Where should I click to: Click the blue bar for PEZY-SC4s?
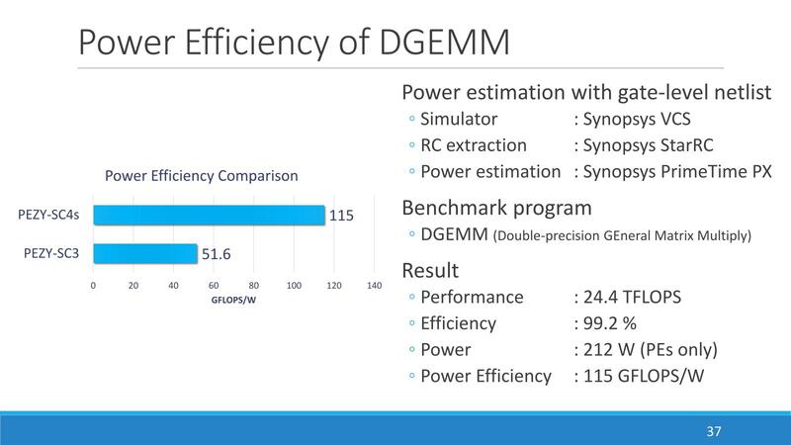click(209, 215)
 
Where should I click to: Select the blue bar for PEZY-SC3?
click(145, 254)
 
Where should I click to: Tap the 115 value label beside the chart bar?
click(341, 215)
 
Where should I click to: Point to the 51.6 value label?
click(218, 254)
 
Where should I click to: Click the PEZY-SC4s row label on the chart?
click(48, 214)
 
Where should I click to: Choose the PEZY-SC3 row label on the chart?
click(50, 254)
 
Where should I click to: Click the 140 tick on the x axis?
click(375, 285)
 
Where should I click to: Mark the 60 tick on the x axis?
click(214, 285)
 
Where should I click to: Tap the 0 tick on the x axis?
click(93, 285)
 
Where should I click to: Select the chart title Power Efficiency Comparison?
click(202, 176)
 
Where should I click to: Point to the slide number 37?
click(714, 432)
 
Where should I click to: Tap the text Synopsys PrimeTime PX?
click(677, 171)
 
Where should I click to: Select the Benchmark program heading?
click(496, 208)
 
